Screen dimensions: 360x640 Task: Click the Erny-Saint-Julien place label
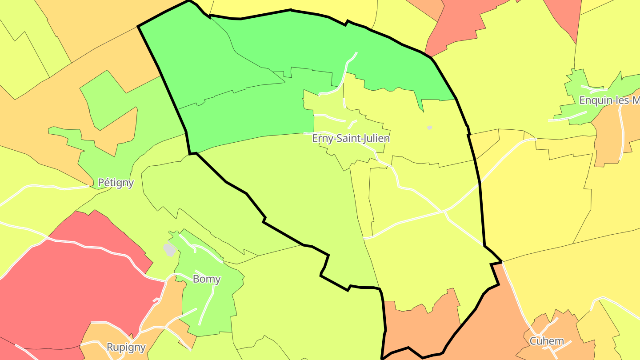[x=351, y=138]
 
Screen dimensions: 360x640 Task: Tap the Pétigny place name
[x=116, y=183]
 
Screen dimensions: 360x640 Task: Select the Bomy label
[x=207, y=279]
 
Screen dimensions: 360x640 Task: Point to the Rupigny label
[x=126, y=347]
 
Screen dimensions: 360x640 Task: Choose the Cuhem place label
[x=547, y=341]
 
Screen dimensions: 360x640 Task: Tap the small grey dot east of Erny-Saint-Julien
[x=429, y=128]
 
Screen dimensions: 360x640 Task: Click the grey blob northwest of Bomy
[x=169, y=250]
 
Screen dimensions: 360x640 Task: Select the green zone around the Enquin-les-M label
[x=578, y=89]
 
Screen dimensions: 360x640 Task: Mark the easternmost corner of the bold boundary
[x=502, y=262]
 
